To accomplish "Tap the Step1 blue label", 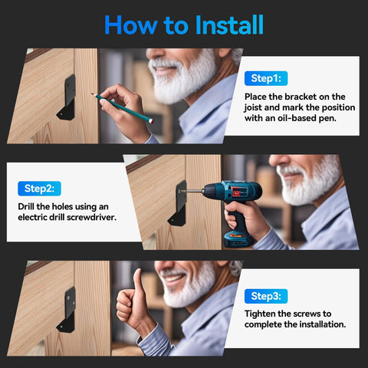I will coord(265,78).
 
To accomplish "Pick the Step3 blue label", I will coord(265,296).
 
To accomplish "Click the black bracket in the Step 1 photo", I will coord(67,100).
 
